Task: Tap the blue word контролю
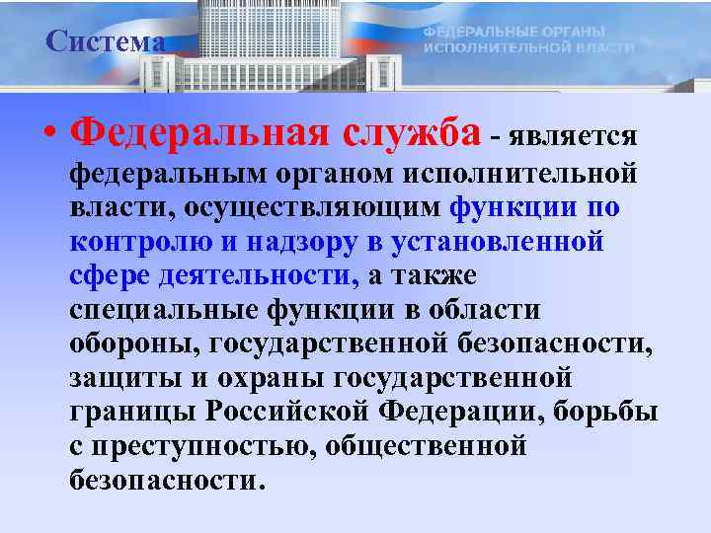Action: click(132, 243)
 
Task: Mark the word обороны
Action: click(122, 344)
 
